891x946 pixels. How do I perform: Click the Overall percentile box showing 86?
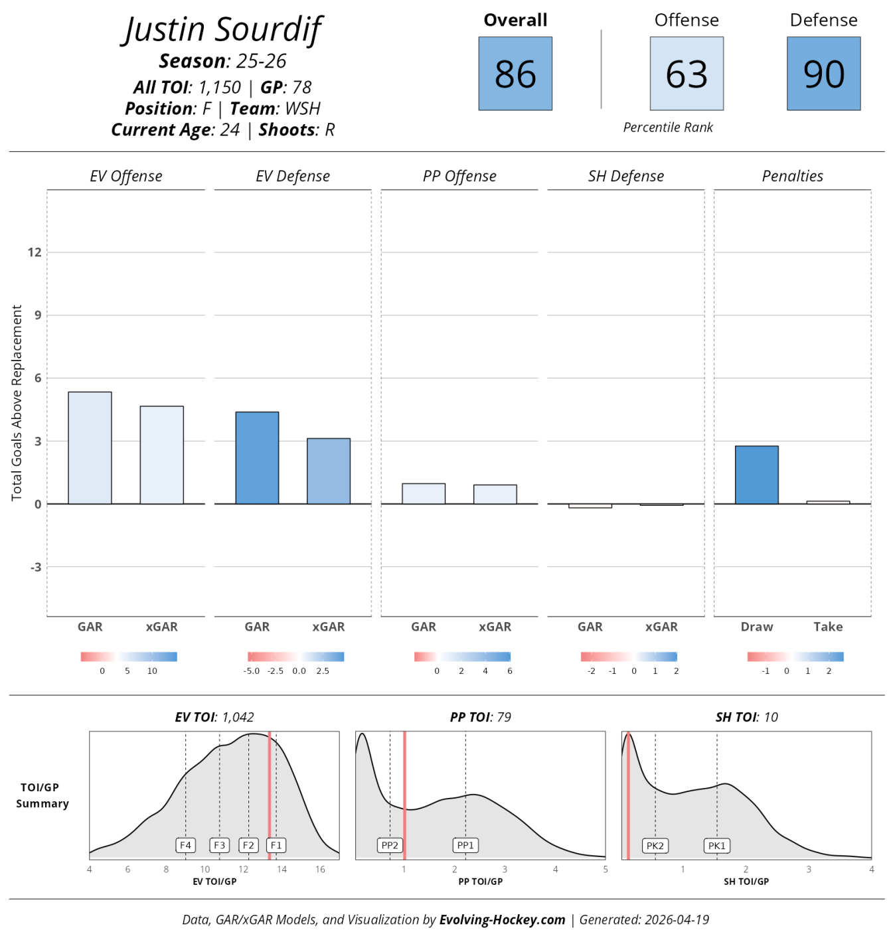(515, 73)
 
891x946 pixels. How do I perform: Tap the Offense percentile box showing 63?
(687, 73)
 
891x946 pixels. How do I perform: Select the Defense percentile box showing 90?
(823, 73)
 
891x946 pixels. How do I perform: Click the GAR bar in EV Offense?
(90, 447)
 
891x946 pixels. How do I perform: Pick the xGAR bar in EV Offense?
(161, 455)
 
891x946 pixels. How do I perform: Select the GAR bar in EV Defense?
(257, 458)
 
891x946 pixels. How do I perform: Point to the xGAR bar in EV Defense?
(328, 471)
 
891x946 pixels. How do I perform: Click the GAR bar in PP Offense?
(424, 493)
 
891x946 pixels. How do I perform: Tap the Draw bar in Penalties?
(757, 475)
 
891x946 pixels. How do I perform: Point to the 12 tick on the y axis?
(35, 252)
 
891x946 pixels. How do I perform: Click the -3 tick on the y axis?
(36, 567)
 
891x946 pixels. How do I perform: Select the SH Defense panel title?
(625, 176)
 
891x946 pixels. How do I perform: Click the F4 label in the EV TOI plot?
(185, 846)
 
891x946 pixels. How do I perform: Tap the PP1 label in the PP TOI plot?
(465, 846)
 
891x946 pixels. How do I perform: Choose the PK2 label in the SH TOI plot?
(655, 846)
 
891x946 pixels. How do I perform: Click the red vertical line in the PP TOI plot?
(404, 795)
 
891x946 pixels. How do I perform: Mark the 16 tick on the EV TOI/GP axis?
(320, 869)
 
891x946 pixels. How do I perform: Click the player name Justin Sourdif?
(222, 29)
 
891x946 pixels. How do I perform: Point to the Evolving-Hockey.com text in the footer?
(502, 920)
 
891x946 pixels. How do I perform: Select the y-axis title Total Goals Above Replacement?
(17, 402)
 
